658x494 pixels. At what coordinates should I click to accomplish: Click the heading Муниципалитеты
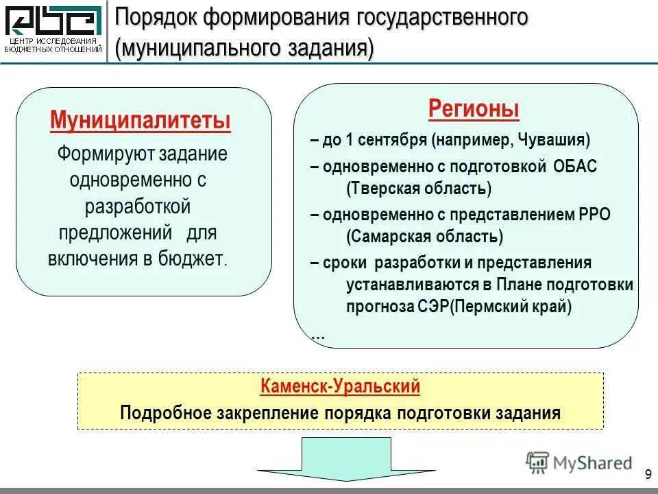[x=141, y=121]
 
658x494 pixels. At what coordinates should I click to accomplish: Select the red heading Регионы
[x=474, y=108]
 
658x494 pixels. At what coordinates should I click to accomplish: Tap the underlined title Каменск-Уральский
[x=340, y=386]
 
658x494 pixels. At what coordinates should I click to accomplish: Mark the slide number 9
[x=648, y=475]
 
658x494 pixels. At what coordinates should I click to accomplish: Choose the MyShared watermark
[x=579, y=462]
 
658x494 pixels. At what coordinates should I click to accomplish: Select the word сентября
[x=393, y=141]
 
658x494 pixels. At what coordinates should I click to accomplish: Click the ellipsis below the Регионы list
[x=318, y=336]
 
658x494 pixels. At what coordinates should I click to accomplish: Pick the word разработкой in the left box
[x=138, y=206]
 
